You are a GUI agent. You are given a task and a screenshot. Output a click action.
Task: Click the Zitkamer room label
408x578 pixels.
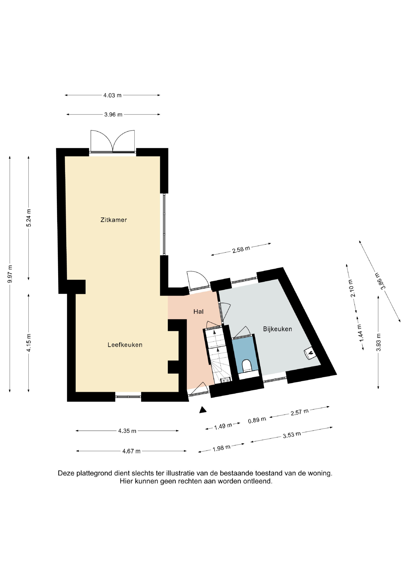pyautogui.click(x=114, y=220)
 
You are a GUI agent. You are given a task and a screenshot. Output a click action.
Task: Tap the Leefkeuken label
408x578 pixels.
pyautogui.click(x=125, y=345)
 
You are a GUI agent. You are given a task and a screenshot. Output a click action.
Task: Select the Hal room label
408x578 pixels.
pyautogui.click(x=198, y=312)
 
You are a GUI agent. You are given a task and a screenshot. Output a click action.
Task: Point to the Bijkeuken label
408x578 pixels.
pyautogui.click(x=277, y=329)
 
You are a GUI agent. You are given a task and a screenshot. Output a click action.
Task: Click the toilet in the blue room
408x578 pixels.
pyautogui.click(x=247, y=366)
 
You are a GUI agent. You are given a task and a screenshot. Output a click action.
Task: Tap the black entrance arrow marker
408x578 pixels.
pyautogui.click(x=203, y=410)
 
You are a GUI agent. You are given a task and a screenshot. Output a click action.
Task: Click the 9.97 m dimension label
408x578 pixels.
pyautogui.click(x=10, y=274)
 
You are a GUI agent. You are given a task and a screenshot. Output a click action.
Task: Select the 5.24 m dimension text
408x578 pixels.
pyautogui.click(x=29, y=218)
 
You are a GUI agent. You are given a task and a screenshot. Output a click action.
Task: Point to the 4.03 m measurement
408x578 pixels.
pyautogui.click(x=112, y=95)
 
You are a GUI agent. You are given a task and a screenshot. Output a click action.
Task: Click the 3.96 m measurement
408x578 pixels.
pyautogui.click(x=113, y=115)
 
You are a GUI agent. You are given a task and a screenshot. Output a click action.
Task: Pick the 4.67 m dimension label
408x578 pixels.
pyautogui.click(x=131, y=451)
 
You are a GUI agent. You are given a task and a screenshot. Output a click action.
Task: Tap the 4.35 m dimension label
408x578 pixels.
pyautogui.click(x=127, y=431)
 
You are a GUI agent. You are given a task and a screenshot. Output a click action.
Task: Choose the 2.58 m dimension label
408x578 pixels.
pyautogui.click(x=241, y=249)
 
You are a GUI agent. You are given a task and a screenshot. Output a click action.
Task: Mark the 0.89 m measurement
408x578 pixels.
pyautogui.click(x=257, y=420)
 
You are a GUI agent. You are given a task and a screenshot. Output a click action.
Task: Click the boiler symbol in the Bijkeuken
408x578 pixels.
pyautogui.click(x=310, y=354)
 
